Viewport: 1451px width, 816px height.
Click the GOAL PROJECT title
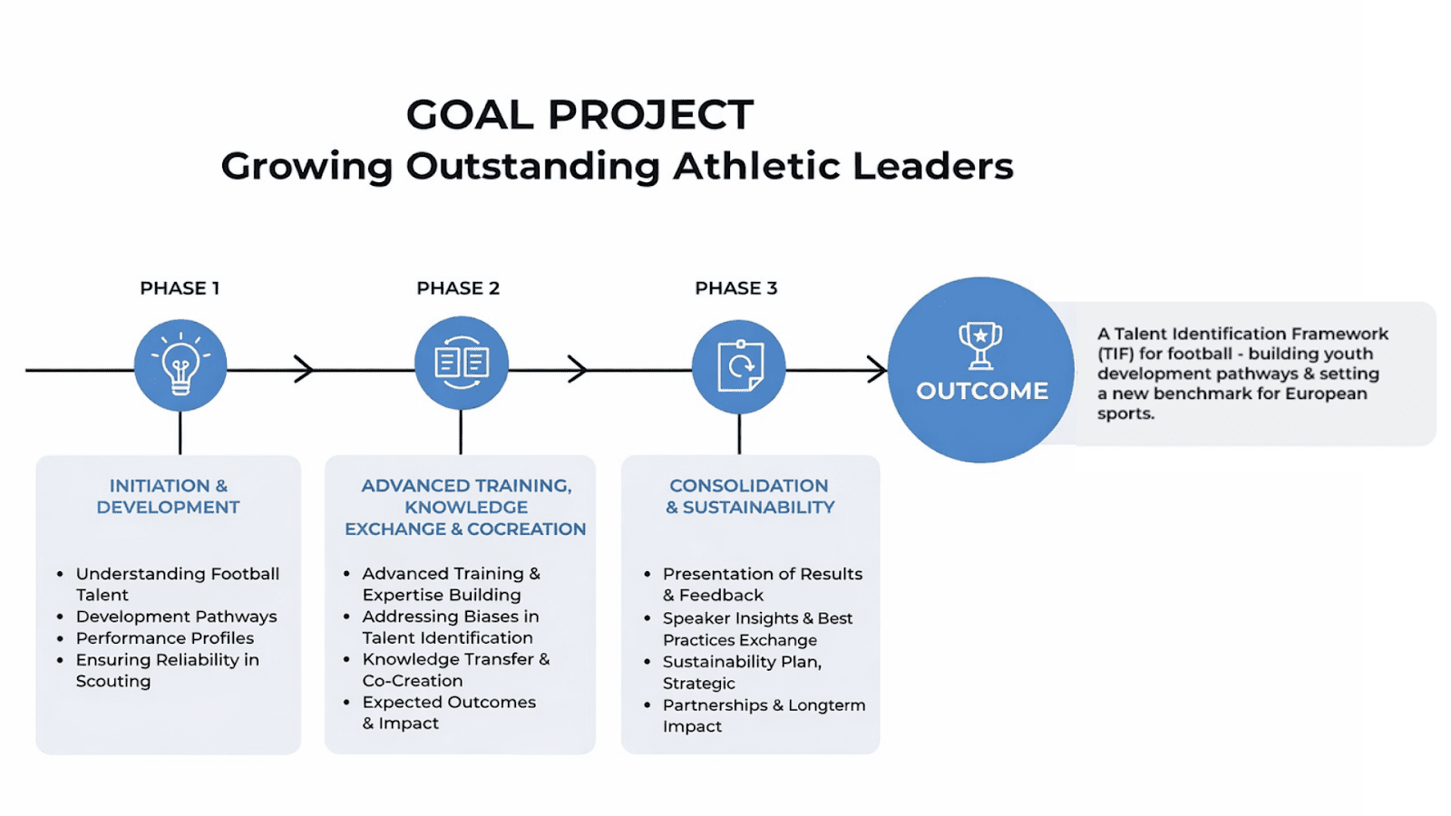point(579,114)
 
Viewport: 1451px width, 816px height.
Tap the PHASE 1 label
point(180,288)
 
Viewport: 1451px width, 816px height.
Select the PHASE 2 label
point(458,288)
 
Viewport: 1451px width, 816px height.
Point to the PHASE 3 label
point(735,288)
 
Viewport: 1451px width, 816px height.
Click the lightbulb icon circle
point(180,365)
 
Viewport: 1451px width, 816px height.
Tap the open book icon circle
point(462,364)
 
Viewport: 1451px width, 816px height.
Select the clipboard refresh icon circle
point(739,366)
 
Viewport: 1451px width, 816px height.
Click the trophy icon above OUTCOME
point(980,345)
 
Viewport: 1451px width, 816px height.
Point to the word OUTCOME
point(982,391)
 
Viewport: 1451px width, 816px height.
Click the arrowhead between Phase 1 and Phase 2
point(304,369)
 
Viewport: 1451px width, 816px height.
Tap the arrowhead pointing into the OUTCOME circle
point(877,370)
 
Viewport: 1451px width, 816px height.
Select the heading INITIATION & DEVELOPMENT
point(169,497)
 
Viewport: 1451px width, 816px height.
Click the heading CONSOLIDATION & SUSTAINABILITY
point(750,497)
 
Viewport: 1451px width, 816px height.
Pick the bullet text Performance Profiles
point(164,638)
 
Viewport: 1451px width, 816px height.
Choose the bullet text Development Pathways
point(176,617)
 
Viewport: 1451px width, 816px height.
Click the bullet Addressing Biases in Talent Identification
point(450,627)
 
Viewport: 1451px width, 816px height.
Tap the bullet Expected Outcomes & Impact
point(449,713)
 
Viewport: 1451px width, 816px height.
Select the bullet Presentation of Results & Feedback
point(763,584)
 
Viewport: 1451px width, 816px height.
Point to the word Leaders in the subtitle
point(933,166)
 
